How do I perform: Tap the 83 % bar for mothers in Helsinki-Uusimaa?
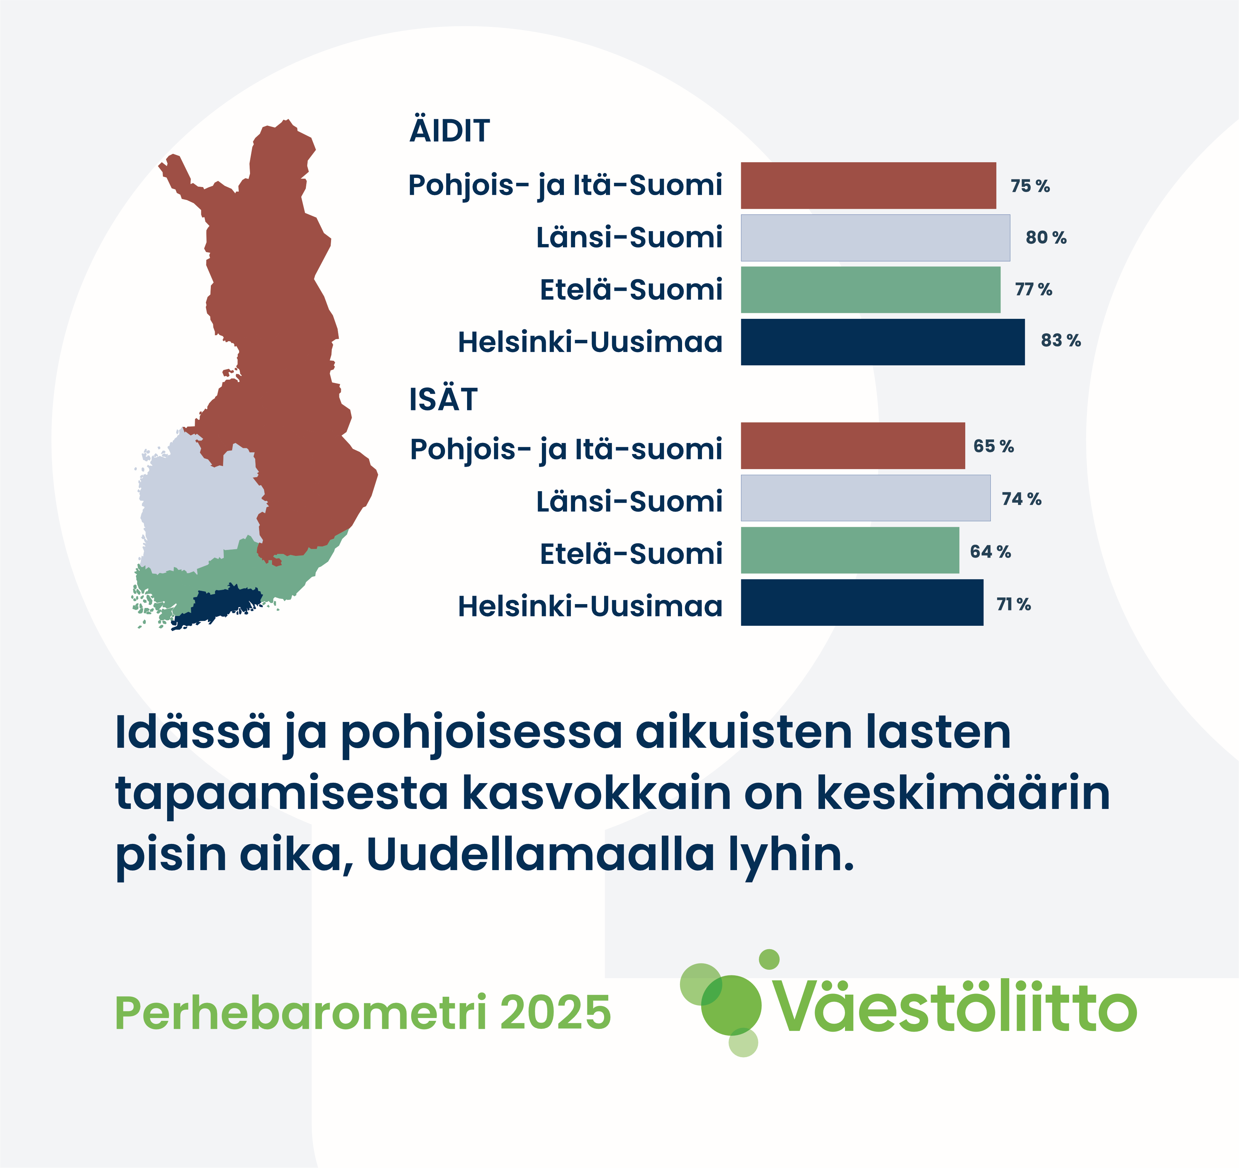pos(882,342)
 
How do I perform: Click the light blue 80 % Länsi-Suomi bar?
pos(876,237)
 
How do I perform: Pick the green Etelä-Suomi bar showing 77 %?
pos(871,290)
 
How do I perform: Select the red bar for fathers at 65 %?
pos(853,446)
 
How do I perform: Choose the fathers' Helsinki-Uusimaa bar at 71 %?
pos(862,602)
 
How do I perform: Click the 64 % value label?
pos(990,552)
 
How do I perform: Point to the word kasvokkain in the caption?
pos(597,794)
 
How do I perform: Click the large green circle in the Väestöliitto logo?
pos(731,1005)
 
